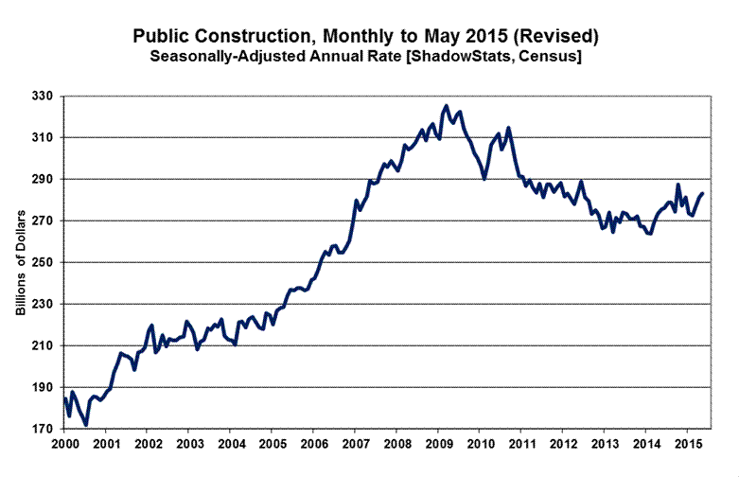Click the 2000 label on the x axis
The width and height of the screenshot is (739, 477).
[64, 443]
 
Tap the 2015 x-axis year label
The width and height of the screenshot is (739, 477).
[691, 443]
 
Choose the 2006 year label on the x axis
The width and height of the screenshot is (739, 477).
[315, 443]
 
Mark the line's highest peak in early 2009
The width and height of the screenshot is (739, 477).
[447, 106]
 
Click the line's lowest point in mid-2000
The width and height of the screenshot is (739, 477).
[86, 425]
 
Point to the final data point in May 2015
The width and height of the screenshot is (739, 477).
[703, 193]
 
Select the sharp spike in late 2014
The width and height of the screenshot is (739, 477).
[677, 185]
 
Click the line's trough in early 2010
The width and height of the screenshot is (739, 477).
[484, 179]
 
